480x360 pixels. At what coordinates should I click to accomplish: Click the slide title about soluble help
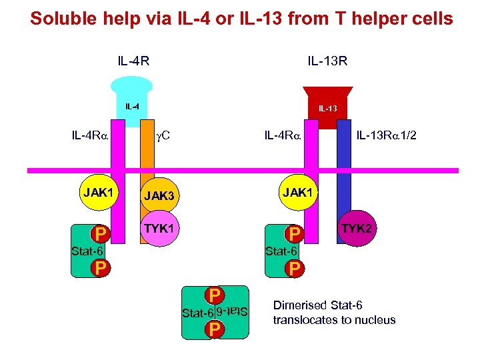(241, 18)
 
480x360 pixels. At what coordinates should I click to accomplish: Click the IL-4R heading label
(133, 62)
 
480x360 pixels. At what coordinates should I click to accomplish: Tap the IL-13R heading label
(327, 62)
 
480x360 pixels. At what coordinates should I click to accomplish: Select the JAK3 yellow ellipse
(163, 196)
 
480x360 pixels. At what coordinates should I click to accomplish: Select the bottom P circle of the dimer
(214, 329)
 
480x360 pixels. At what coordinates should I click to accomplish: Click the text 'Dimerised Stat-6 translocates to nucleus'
(334, 313)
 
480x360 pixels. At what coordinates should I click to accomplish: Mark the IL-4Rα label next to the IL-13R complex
(283, 137)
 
